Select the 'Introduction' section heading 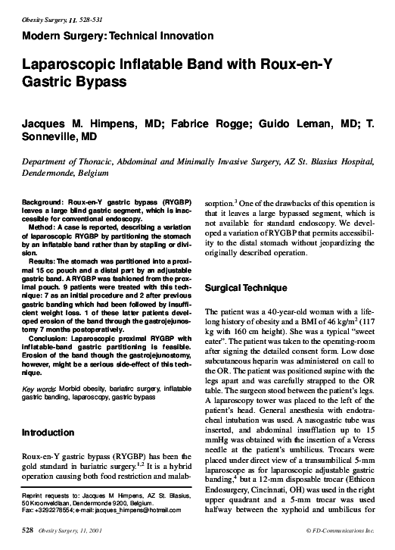coord(47,433)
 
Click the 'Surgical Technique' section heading coord(246,289)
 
